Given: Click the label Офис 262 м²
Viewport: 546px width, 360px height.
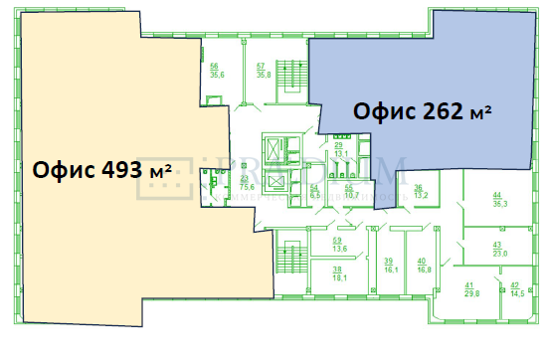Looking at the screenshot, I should [424, 109].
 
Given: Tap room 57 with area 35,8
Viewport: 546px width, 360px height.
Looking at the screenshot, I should [264, 70].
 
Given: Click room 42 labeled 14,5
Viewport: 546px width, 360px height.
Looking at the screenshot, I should [517, 289].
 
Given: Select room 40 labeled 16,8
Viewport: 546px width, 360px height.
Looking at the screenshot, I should [422, 265].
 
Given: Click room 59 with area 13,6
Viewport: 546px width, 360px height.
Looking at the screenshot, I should [338, 246].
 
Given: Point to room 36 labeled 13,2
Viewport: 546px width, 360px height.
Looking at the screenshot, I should [420, 192].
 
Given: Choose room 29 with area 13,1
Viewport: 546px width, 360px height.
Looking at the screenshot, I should [338, 150].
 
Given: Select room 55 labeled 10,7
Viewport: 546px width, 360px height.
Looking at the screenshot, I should [349, 192].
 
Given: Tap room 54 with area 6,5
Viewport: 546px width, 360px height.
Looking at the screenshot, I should [314, 192].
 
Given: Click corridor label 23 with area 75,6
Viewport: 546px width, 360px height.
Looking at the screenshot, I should [245, 182].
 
